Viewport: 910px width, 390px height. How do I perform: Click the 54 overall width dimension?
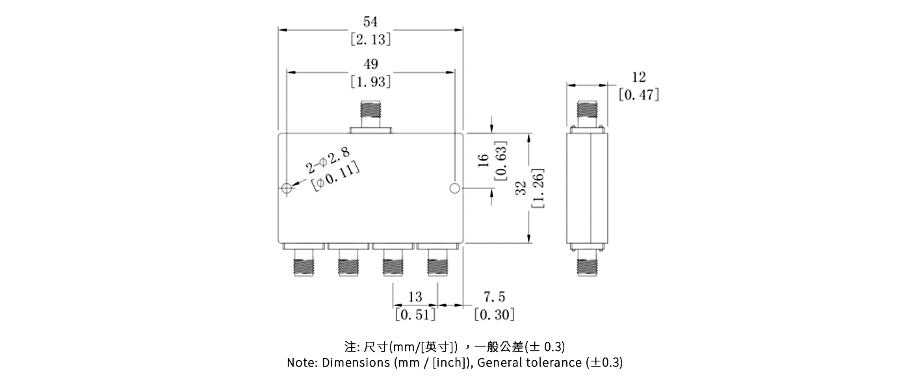coord(370,22)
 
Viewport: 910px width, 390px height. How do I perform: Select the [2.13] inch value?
coord(370,40)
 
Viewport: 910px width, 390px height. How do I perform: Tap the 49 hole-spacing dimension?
coord(370,64)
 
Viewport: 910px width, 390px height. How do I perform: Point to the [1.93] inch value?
coord(370,83)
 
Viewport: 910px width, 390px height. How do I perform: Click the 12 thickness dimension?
coord(639,77)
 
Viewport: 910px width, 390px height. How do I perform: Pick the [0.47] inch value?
coord(639,95)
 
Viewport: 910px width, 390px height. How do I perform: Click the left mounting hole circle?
coord(287,189)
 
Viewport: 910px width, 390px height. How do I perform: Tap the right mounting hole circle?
coord(454,189)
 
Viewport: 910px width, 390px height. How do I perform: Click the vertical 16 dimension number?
coord(483,161)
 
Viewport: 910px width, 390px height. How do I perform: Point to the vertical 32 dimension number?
coord(521,188)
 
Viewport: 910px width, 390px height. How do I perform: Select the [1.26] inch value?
coord(538,188)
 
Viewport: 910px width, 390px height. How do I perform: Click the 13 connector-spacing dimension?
coord(415,297)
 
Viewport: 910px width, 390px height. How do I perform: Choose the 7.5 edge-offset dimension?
coord(494,297)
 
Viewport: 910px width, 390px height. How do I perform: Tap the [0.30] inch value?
coord(494,315)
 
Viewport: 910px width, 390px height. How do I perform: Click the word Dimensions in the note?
coord(356,363)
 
